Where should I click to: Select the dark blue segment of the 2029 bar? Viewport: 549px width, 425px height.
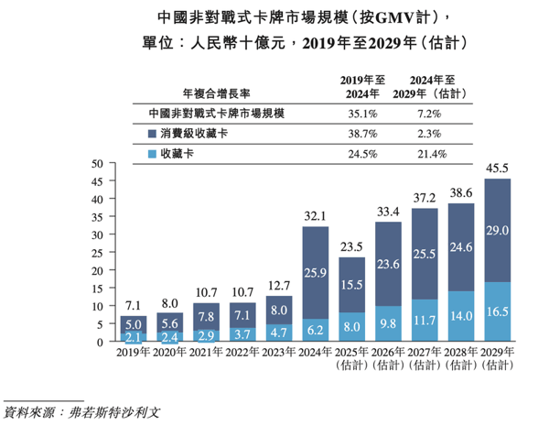497,230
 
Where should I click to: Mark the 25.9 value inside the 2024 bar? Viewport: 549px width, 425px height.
315,272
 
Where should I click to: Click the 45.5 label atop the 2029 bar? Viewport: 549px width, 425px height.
497,169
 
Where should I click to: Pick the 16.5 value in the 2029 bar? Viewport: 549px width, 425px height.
497,311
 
